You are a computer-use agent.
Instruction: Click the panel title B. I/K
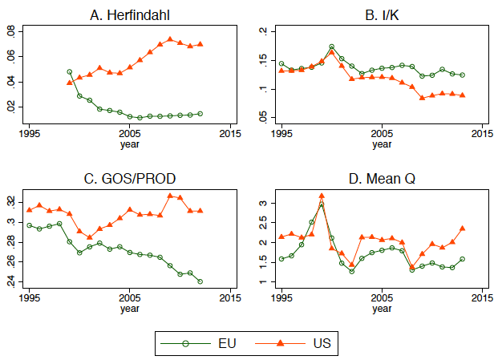click(x=381, y=14)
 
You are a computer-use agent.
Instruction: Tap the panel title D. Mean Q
click(x=381, y=179)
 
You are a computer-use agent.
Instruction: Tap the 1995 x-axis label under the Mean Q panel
click(x=281, y=298)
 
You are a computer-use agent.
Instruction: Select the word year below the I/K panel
click(x=381, y=145)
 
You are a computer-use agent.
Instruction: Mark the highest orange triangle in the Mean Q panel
click(x=322, y=196)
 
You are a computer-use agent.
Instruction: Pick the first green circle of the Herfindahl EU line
click(x=69, y=72)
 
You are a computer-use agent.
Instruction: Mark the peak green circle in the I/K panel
click(x=332, y=47)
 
